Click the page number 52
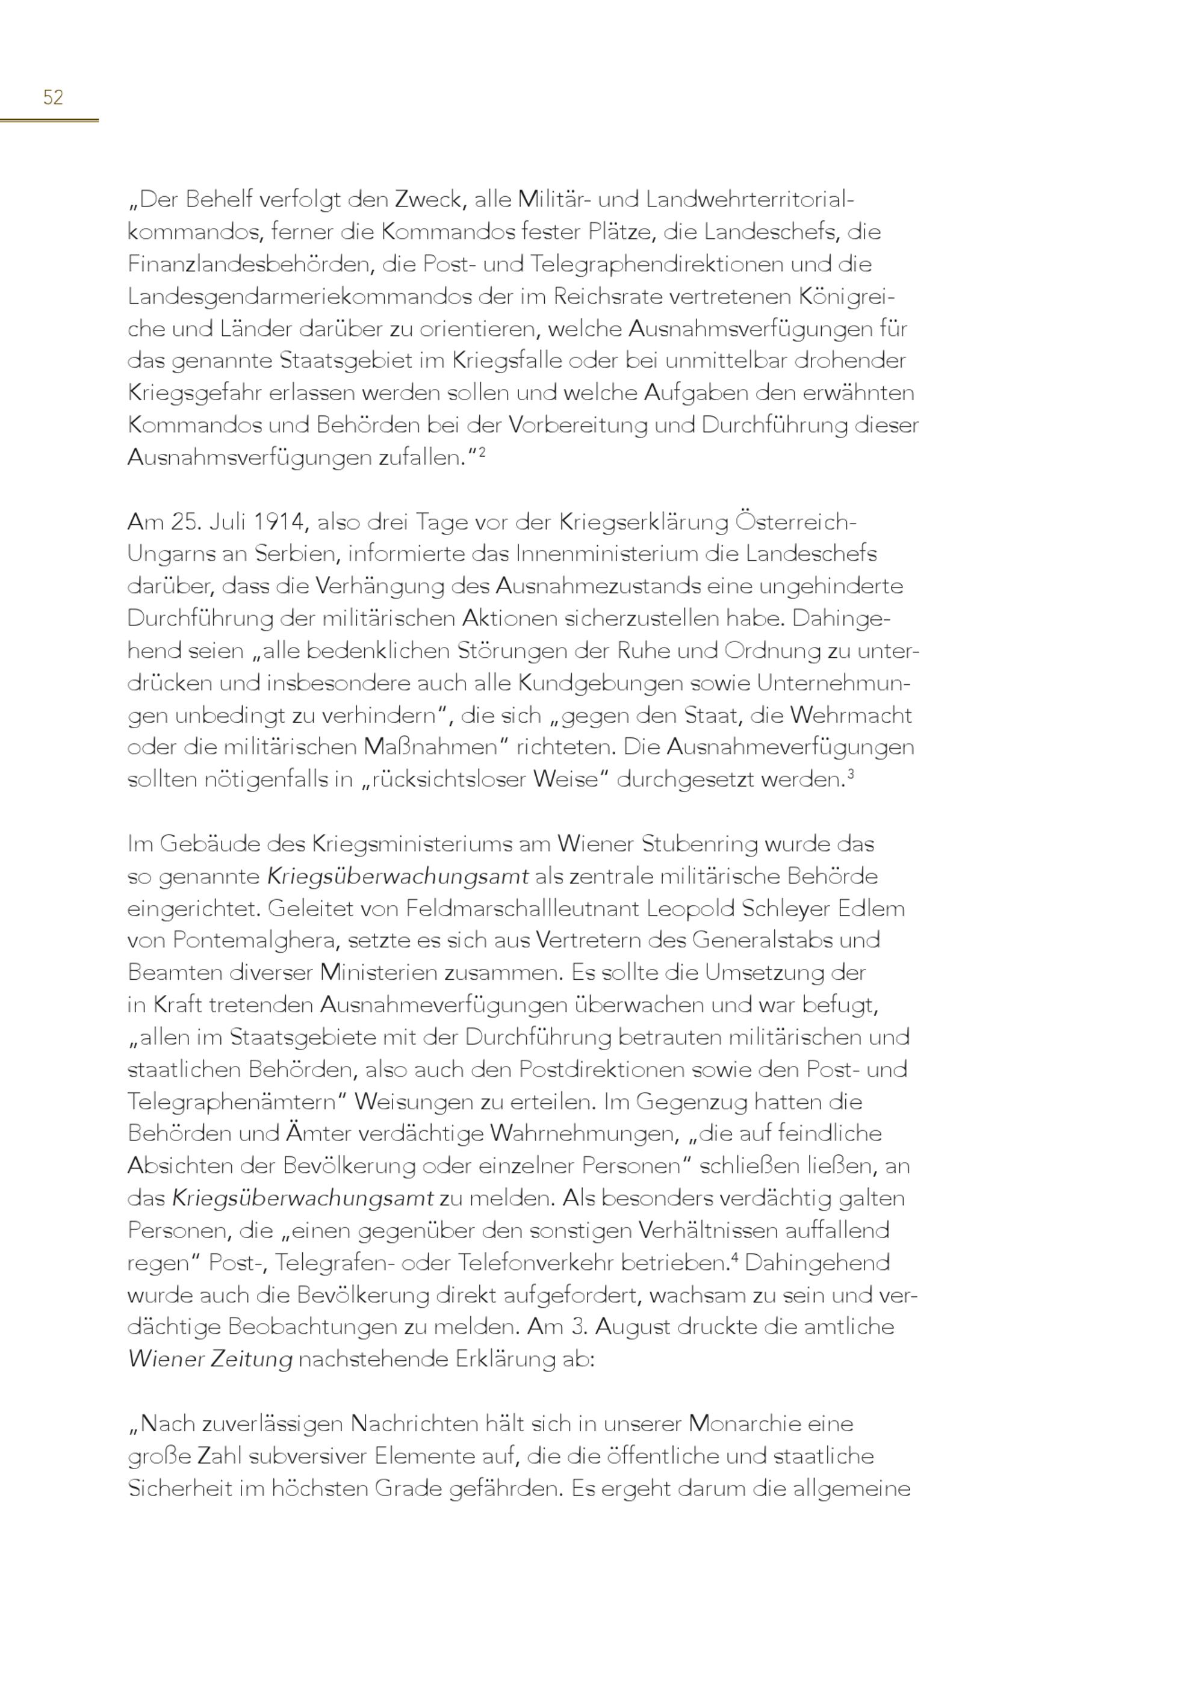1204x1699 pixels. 54,97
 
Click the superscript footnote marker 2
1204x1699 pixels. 482,451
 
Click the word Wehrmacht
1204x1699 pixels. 851,716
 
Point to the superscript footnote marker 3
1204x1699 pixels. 851,775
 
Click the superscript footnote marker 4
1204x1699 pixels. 734,1257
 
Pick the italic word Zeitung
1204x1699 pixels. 252,1359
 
